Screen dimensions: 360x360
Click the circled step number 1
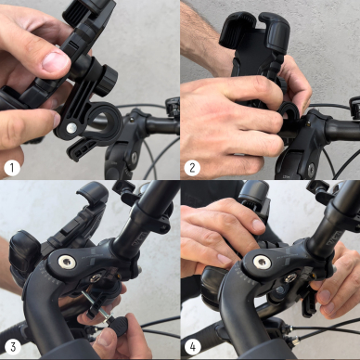pos(12,167)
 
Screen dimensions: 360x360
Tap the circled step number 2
pos(193,167)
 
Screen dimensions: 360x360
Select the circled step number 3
pos(12,348)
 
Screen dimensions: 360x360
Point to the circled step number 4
pos(193,348)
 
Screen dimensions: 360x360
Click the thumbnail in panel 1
pos(54,62)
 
